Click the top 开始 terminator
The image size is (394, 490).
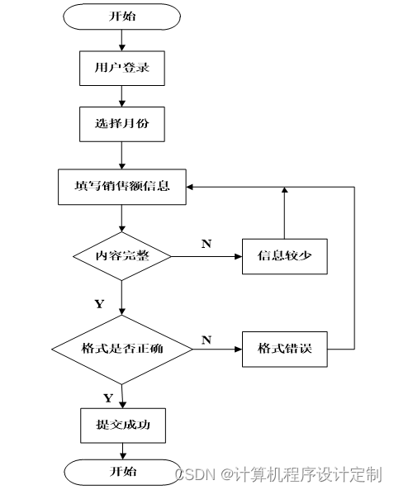(122, 17)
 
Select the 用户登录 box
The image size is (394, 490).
(122, 69)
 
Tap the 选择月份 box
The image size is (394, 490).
(122, 124)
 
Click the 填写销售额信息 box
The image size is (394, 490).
(122, 187)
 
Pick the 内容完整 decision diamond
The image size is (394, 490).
(122, 256)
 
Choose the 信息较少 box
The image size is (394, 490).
(285, 256)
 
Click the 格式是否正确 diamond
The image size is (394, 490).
(122, 349)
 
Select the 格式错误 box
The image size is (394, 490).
(285, 349)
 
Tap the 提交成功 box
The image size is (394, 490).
(123, 426)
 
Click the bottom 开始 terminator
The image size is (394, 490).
(123, 472)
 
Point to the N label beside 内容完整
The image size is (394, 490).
(206, 244)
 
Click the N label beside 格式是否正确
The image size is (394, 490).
(206, 340)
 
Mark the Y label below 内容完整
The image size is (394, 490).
(100, 304)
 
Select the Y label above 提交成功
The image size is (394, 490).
(108, 398)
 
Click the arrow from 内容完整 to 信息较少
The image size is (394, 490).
(206, 256)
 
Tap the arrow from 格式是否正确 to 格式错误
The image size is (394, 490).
(217, 349)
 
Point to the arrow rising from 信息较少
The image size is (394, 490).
(285, 213)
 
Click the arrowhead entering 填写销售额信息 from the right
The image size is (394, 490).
(190, 187)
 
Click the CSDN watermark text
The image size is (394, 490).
(278, 474)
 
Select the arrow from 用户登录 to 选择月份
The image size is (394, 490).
(122, 96)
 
